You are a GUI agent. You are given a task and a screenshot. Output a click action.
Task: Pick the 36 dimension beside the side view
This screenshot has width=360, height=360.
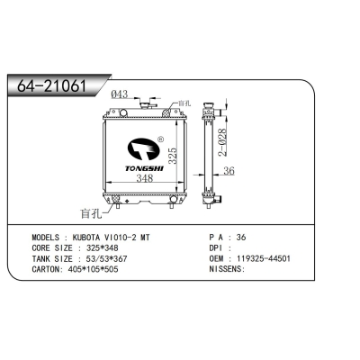[x=228, y=173]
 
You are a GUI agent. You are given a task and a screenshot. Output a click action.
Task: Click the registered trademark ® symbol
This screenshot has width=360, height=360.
[x=159, y=141]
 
